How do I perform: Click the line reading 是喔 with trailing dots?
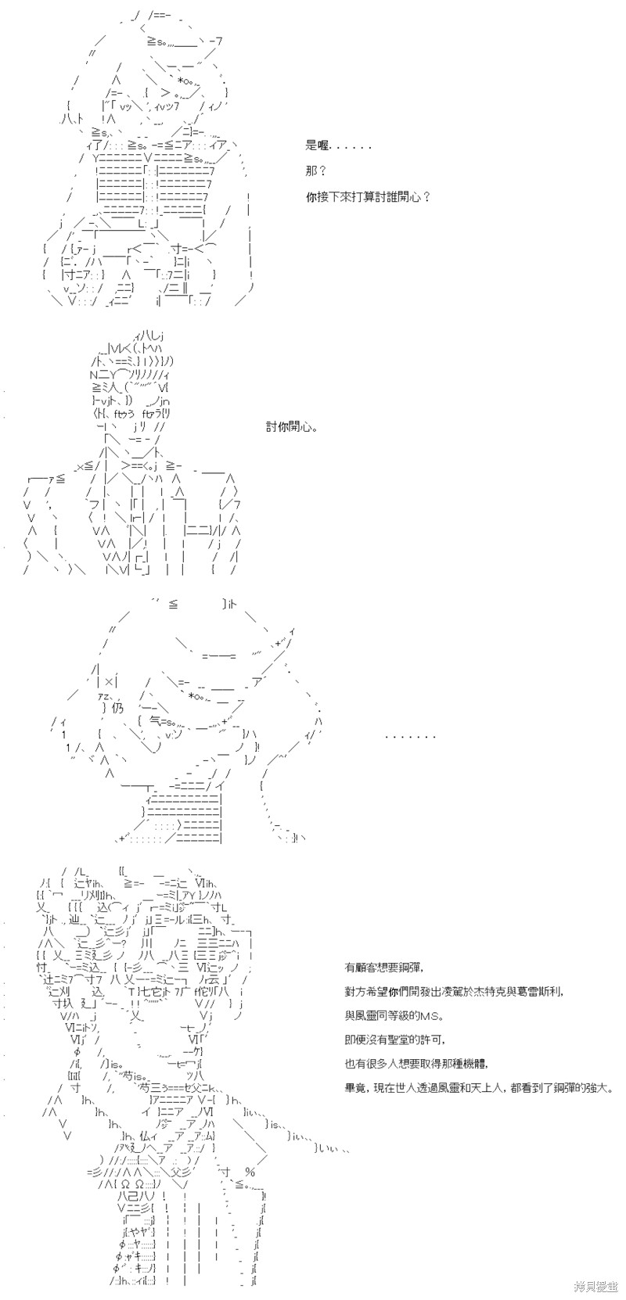338,146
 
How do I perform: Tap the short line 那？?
316,171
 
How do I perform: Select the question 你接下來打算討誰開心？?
369,197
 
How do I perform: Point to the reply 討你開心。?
292,428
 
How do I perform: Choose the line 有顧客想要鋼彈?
384,968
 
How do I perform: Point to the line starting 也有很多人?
416,1065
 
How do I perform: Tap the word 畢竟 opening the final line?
354,1089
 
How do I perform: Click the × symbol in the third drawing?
109,683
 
